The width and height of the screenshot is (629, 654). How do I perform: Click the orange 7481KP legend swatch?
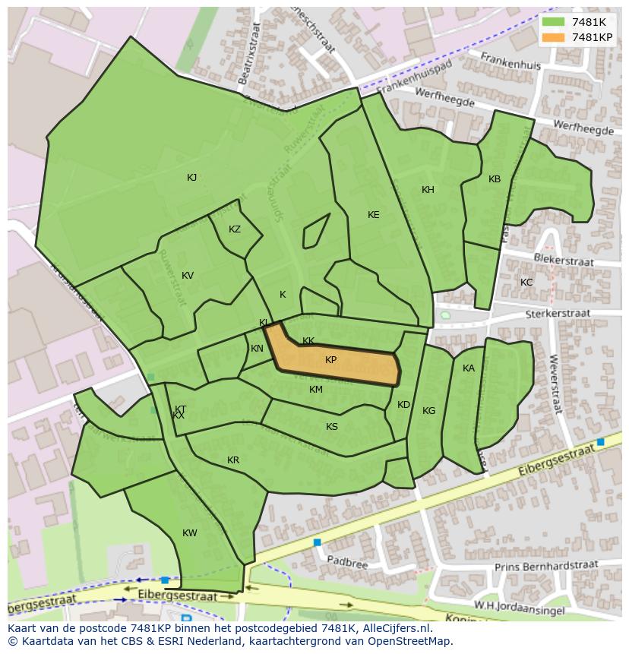tap(554, 37)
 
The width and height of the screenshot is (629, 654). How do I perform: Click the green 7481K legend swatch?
tap(554, 21)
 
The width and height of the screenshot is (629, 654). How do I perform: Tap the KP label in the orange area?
tap(331, 360)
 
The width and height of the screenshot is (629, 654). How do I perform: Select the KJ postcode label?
tap(192, 178)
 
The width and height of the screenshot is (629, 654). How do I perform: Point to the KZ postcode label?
tap(235, 229)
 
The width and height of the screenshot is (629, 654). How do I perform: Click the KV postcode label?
tap(188, 276)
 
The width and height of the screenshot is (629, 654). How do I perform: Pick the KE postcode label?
tap(373, 215)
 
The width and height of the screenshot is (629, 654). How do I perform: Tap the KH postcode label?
tap(428, 190)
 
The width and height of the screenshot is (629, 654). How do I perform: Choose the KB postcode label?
tap(495, 179)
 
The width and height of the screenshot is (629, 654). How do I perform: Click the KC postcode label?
tap(526, 283)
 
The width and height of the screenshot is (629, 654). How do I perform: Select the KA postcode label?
tap(469, 368)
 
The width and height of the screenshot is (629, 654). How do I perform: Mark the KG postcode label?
tap(429, 411)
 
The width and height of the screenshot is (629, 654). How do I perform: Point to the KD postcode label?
tap(403, 405)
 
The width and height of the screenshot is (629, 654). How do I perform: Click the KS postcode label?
tap(332, 427)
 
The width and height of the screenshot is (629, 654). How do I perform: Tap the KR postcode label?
tap(233, 460)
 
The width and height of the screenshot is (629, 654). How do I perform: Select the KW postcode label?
tap(190, 533)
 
